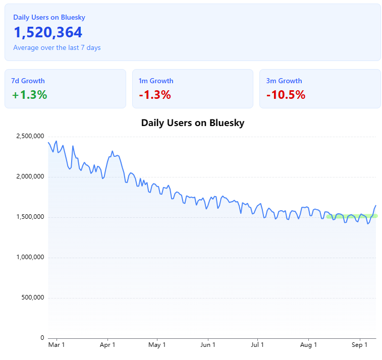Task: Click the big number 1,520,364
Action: click(48, 33)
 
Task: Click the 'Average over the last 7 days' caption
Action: click(57, 48)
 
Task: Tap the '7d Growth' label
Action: click(28, 81)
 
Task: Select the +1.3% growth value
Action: click(29, 95)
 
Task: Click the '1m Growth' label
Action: click(156, 81)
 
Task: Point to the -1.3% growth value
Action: click(155, 95)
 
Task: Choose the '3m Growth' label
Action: click(284, 81)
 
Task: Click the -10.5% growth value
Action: click(286, 95)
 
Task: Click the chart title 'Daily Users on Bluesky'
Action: click(193, 123)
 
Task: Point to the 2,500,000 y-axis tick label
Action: click(30, 136)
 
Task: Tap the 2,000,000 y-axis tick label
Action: click(30, 176)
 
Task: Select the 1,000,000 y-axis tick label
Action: click(30, 257)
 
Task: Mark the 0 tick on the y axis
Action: click(42, 338)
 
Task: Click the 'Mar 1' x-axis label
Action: click(57, 345)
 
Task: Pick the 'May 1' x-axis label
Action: click(157, 345)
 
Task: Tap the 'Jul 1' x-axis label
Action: click(258, 345)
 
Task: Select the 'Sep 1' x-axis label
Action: click(360, 345)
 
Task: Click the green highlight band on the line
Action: click(352, 216)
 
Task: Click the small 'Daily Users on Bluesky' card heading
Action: click(49, 17)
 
